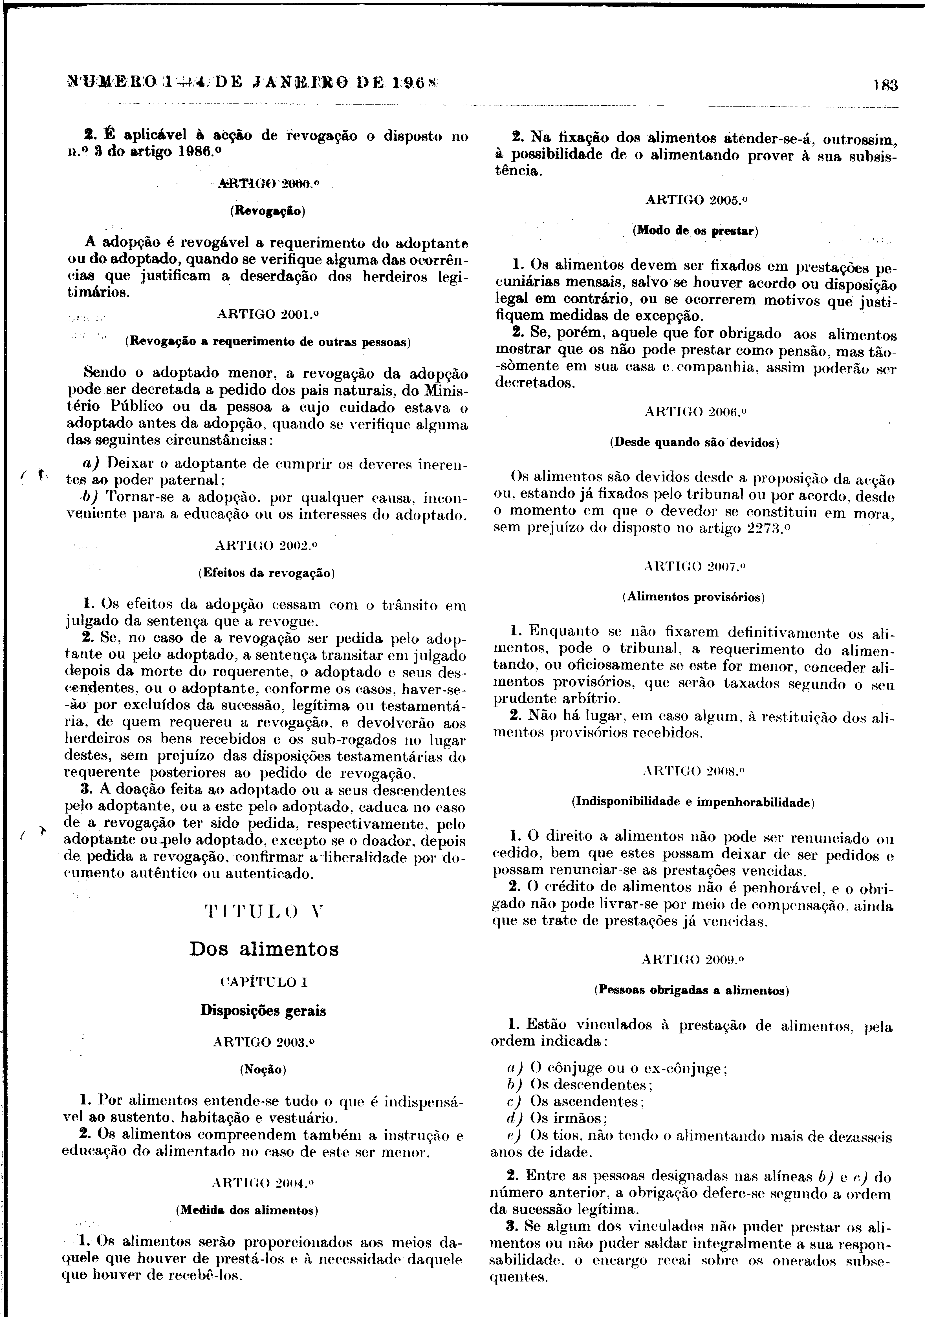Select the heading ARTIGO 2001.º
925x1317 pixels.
267,314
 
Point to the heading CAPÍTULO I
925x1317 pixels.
264,982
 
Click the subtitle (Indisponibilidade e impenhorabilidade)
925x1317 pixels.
693,802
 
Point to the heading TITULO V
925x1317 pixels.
264,910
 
